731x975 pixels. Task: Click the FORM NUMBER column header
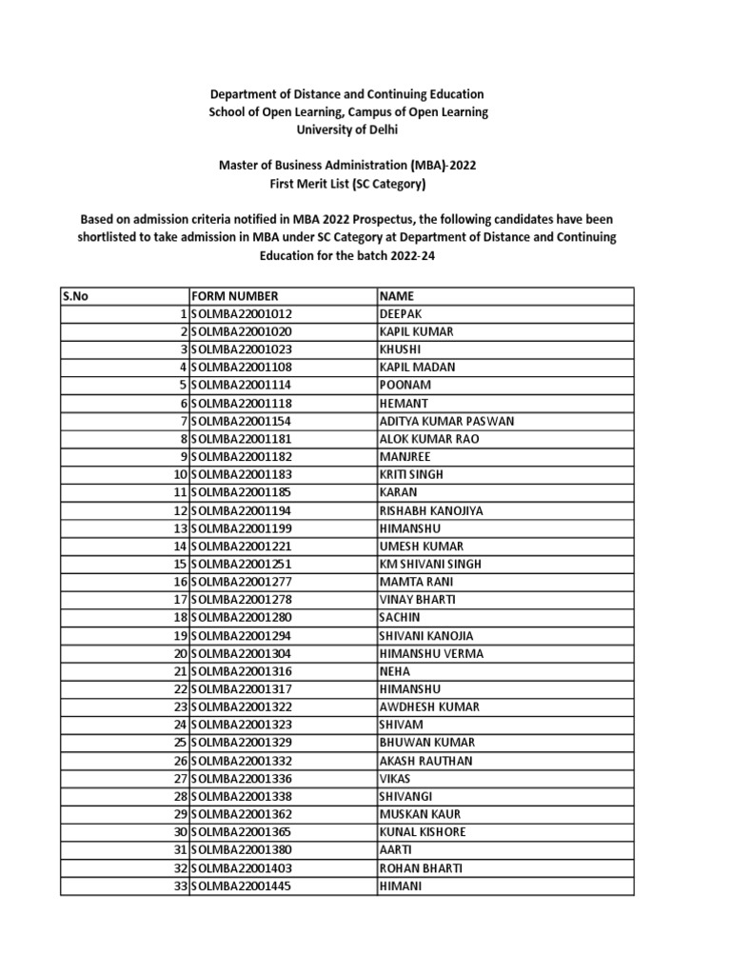[x=235, y=296]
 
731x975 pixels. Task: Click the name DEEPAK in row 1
[x=400, y=314]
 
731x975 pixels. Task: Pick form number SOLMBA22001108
[x=242, y=368]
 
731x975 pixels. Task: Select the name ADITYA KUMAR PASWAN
[x=445, y=421]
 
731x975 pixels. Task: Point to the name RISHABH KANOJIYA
[x=431, y=510]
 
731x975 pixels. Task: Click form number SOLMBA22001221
[x=242, y=547]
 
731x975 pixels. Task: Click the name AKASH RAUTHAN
[x=425, y=761]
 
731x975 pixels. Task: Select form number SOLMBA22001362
[x=242, y=814]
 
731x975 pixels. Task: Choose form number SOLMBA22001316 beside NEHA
[x=242, y=671]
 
